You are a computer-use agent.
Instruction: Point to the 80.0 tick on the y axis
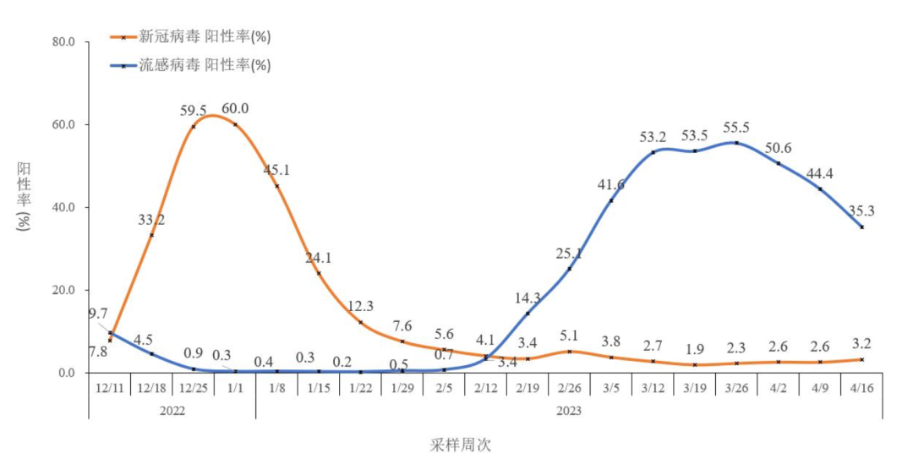64,41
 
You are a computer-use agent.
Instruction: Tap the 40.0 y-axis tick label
64,207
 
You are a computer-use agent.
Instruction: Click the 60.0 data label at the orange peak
235,108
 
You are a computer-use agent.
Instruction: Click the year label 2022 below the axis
172,410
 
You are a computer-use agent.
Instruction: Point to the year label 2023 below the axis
569,410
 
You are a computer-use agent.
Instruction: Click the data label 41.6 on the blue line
611,184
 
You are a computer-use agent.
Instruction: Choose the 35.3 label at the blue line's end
861,211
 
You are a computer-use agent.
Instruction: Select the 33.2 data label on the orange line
151,220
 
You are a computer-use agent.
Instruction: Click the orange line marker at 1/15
319,273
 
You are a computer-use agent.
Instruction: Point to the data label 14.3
528,298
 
